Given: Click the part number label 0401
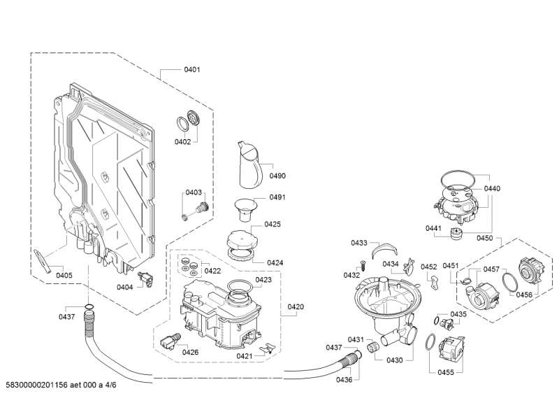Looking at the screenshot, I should pyautogui.click(x=192, y=69).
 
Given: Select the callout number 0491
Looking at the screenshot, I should pyautogui.click(x=277, y=197).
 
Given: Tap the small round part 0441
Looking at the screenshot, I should pyautogui.click(x=458, y=234).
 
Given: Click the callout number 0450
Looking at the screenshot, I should pyautogui.click(x=484, y=238).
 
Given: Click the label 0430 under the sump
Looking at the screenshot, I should pyautogui.click(x=395, y=360).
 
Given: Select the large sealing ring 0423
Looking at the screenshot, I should pyautogui.click(x=240, y=286).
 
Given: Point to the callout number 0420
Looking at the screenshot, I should pyautogui.click(x=296, y=306).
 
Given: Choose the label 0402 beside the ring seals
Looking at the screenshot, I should pyautogui.click(x=182, y=141).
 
